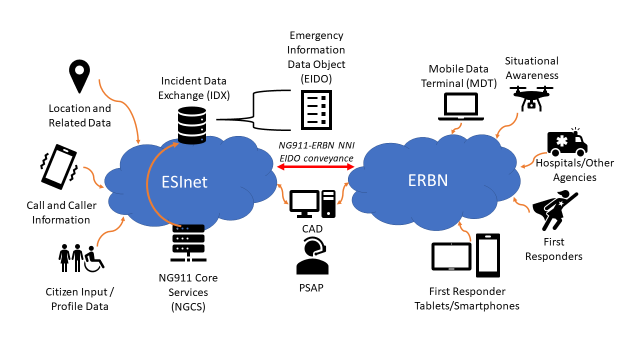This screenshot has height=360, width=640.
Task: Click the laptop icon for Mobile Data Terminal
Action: [461, 106]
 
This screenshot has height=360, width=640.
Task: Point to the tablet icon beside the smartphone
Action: [451, 256]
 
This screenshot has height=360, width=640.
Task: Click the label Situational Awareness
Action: [531, 68]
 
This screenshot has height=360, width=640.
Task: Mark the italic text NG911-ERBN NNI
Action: [316, 146]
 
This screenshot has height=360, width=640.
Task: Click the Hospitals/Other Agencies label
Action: [574, 170]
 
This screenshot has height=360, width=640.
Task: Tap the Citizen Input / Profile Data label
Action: [80, 298]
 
